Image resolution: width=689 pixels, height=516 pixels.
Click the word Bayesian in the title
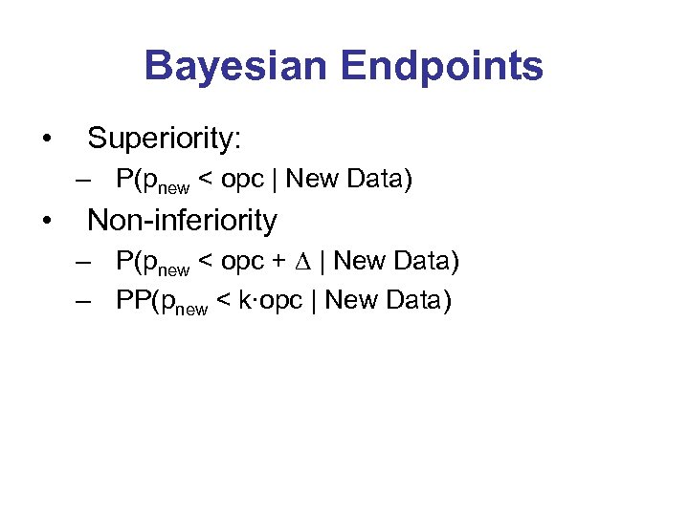(234, 66)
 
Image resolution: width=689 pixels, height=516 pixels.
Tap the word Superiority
(165, 139)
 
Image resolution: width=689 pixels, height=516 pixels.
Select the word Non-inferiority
(182, 221)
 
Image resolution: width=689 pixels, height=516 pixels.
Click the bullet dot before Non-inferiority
(47, 222)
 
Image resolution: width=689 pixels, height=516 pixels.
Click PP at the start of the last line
(131, 300)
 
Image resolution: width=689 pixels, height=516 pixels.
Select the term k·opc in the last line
(277, 300)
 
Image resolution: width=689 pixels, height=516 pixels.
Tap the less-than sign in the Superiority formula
(204, 180)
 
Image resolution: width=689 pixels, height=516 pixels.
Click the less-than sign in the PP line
(222, 301)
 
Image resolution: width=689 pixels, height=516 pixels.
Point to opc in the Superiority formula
(240, 180)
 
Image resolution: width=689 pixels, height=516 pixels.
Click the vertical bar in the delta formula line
(323, 261)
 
